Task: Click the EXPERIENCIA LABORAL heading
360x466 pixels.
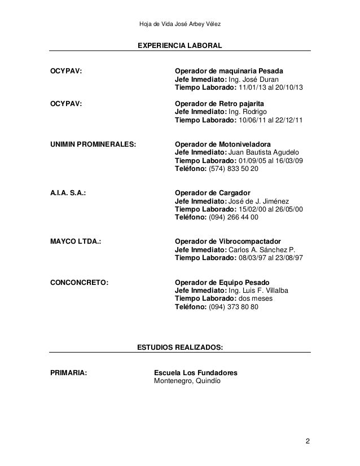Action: click(x=180, y=44)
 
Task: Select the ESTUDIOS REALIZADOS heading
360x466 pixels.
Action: click(x=180, y=349)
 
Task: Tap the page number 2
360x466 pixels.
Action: click(x=308, y=441)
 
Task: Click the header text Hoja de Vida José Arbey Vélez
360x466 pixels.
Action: click(x=180, y=23)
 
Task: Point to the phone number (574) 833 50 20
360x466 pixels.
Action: click(x=234, y=169)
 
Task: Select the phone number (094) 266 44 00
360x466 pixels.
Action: click(x=234, y=217)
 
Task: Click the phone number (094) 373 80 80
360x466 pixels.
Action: click(x=234, y=307)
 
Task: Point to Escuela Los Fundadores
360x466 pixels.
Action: click(x=195, y=373)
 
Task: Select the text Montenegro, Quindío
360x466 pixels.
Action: click(x=188, y=381)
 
